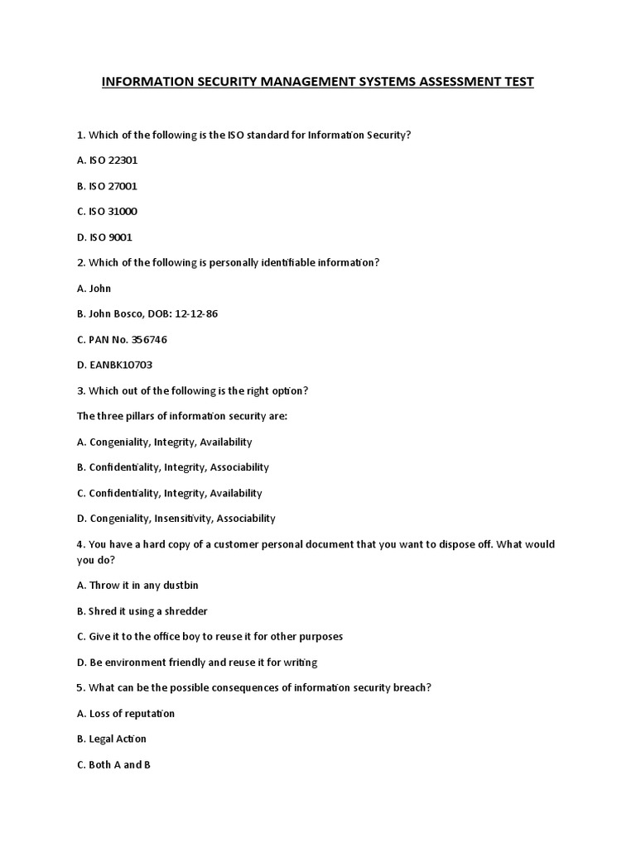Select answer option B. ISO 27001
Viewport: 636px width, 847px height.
(107, 186)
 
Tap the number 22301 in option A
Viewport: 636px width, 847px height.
(121, 160)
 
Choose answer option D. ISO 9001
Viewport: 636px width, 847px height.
(104, 237)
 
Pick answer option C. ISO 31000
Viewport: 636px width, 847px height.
(107, 212)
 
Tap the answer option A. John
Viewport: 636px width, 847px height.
(94, 289)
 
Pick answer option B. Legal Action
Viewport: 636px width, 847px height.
(111, 739)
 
